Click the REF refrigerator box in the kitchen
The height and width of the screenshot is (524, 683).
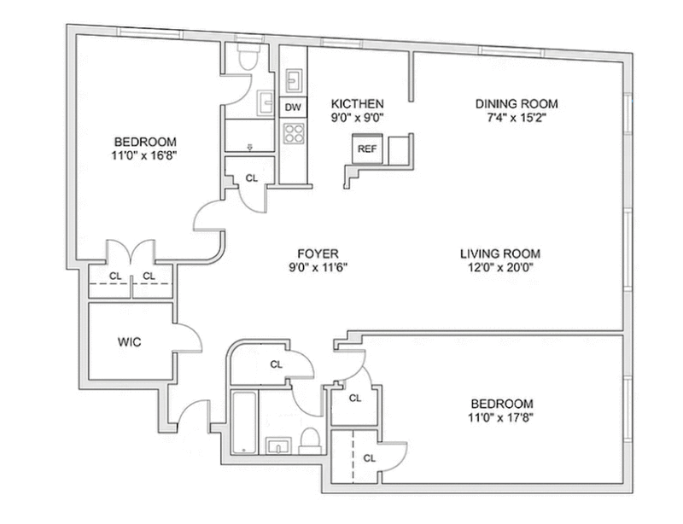coord(367,148)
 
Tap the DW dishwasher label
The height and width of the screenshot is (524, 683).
coord(293,108)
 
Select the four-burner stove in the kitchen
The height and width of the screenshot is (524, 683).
coord(294,133)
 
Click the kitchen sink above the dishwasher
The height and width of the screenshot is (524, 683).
coord(294,80)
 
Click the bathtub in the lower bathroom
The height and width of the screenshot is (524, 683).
coord(244,423)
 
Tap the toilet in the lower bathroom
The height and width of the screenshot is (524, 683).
coord(310,440)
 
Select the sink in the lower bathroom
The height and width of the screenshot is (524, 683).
coord(278,446)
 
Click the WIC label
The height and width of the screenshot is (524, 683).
coord(130,342)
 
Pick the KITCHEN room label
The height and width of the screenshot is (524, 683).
coord(357,103)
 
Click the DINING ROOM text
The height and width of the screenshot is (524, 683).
coord(517,103)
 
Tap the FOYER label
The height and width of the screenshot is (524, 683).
coord(318,253)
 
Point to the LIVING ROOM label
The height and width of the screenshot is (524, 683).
coord(500,253)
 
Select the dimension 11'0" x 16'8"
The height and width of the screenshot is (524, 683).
coord(143,155)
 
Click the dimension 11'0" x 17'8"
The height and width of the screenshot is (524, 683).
coord(501,417)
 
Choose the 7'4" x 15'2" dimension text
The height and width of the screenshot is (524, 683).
coord(517,118)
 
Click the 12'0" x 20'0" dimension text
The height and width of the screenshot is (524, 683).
coord(500,267)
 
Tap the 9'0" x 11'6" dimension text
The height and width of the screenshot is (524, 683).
coord(318,267)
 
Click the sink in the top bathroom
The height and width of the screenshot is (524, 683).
coord(265,103)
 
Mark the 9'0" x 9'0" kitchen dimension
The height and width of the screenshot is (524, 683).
coord(357,118)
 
